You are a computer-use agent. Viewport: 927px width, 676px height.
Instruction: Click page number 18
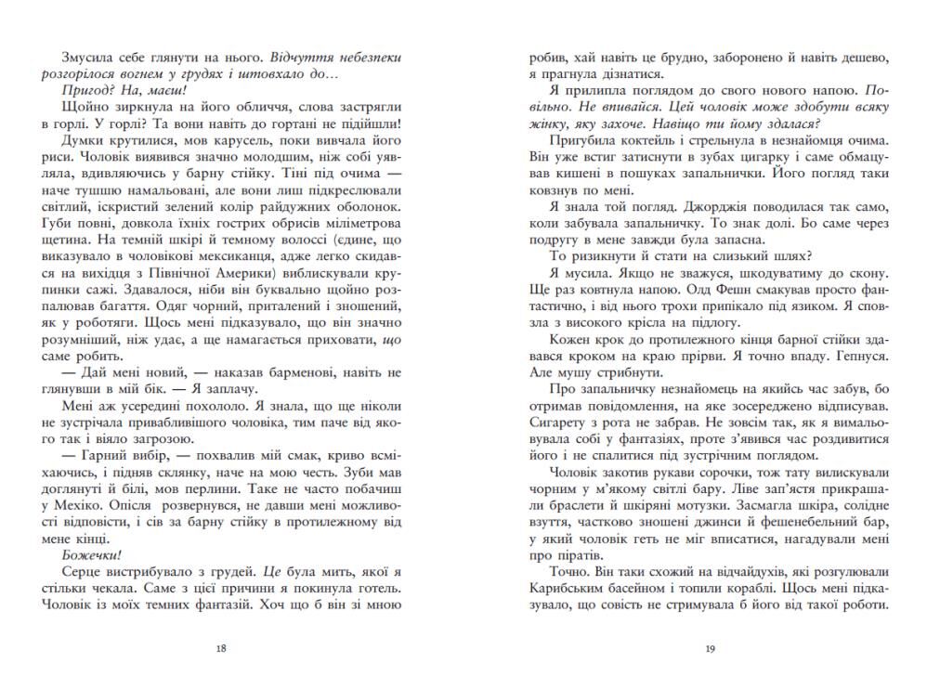click(x=221, y=649)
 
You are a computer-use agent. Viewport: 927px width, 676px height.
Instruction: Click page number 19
click(x=708, y=649)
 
